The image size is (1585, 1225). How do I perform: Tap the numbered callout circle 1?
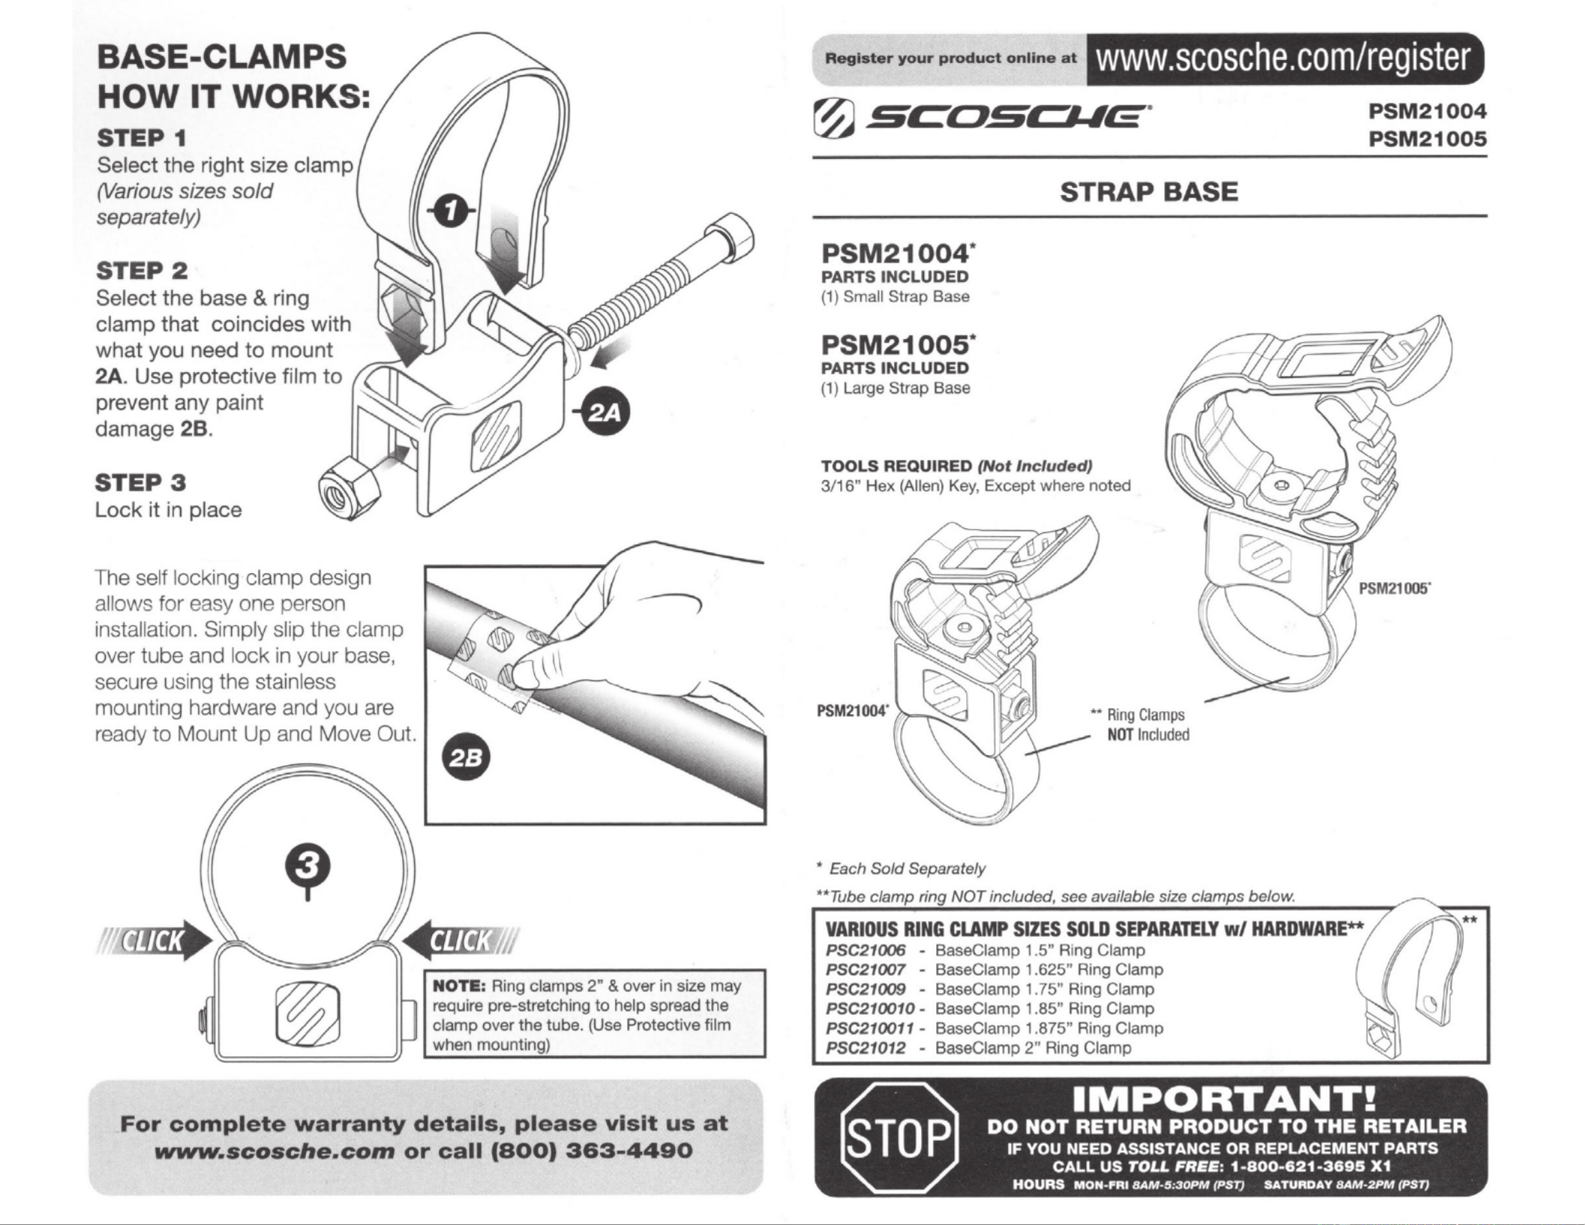(x=449, y=212)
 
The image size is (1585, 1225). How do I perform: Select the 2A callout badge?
(x=607, y=413)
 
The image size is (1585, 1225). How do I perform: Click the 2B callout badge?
(x=467, y=758)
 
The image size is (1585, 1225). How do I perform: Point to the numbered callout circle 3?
(x=308, y=866)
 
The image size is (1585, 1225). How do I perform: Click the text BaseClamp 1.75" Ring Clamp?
(x=1044, y=989)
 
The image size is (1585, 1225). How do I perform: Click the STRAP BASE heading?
(x=1148, y=192)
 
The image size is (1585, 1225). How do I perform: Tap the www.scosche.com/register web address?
(x=1283, y=59)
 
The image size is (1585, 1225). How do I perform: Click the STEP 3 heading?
(x=140, y=482)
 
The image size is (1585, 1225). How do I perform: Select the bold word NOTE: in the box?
(x=460, y=986)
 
